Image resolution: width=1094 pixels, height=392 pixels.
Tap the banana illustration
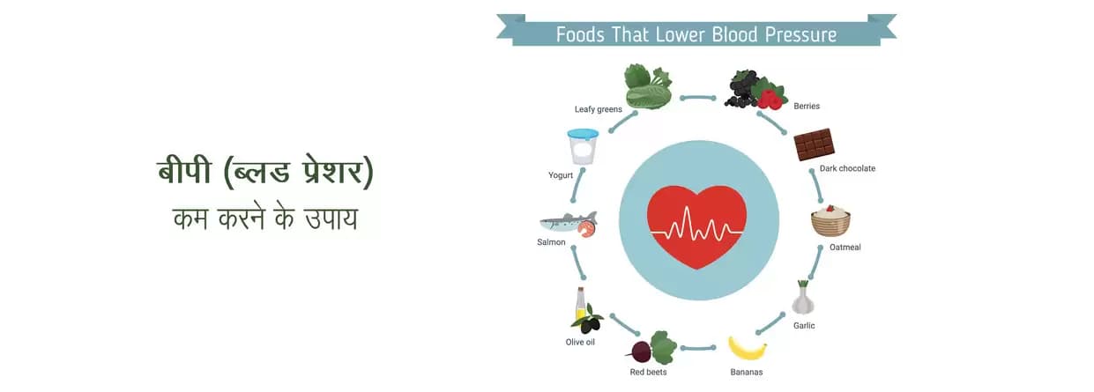tap(747, 349)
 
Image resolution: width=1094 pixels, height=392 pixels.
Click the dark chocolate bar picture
tap(814, 144)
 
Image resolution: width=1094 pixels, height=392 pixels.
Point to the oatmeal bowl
tap(830, 221)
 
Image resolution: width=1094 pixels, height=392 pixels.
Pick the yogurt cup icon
tap(583, 146)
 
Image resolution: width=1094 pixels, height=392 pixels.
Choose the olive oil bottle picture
tap(584, 311)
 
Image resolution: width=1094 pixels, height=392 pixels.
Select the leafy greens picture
tap(648, 86)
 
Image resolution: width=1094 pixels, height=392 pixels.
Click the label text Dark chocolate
tap(847, 168)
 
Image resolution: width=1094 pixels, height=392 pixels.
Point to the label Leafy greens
tap(599, 109)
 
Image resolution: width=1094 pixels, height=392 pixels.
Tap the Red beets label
tap(648, 372)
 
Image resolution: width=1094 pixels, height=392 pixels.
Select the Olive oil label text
tap(580, 342)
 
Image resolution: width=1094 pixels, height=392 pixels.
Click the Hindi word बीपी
tap(184, 171)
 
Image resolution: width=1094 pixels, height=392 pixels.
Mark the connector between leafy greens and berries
tap(699, 98)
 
